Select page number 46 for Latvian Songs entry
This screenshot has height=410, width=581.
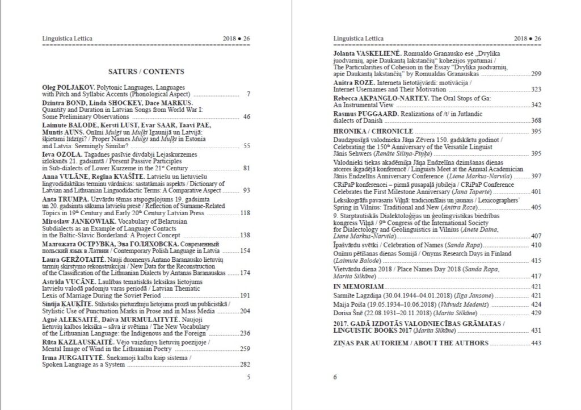pyautogui.click(x=246, y=116)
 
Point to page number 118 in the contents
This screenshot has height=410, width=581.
pyautogui.click(x=245, y=213)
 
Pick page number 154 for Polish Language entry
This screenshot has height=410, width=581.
pyautogui.click(x=245, y=250)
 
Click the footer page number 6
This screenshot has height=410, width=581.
pyautogui.click(x=335, y=376)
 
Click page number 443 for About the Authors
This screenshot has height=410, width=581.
pyautogui.click(x=534, y=343)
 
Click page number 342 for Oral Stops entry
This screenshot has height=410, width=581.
pyautogui.click(x=534, y=105)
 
